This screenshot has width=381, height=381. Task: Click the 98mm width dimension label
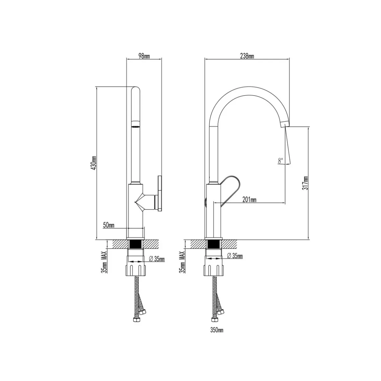pyautogui.click(x=144, y=56)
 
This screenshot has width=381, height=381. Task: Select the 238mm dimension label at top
pyautogui.click(x=247, y=56)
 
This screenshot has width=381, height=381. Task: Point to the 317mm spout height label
pyautogui.click(x=305, y=183)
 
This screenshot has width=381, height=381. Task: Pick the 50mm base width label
pyautogui.click(x=109, y=225)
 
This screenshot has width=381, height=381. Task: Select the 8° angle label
pyautogui.click(x=280, y=161)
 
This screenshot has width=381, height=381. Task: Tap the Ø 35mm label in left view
pyautogui.click(x=157, y=259)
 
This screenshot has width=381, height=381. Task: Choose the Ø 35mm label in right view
pyautogui.click(x=235, y=256)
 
